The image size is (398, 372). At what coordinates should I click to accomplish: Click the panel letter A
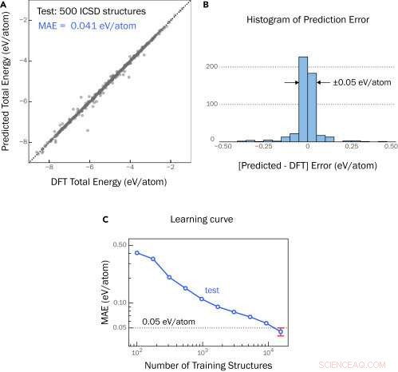point(5,6)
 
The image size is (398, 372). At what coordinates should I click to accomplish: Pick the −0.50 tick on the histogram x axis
point(226,147)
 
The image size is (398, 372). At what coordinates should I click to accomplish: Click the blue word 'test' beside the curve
point(213,291)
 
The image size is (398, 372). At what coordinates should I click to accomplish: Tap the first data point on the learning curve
point(137,252)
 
